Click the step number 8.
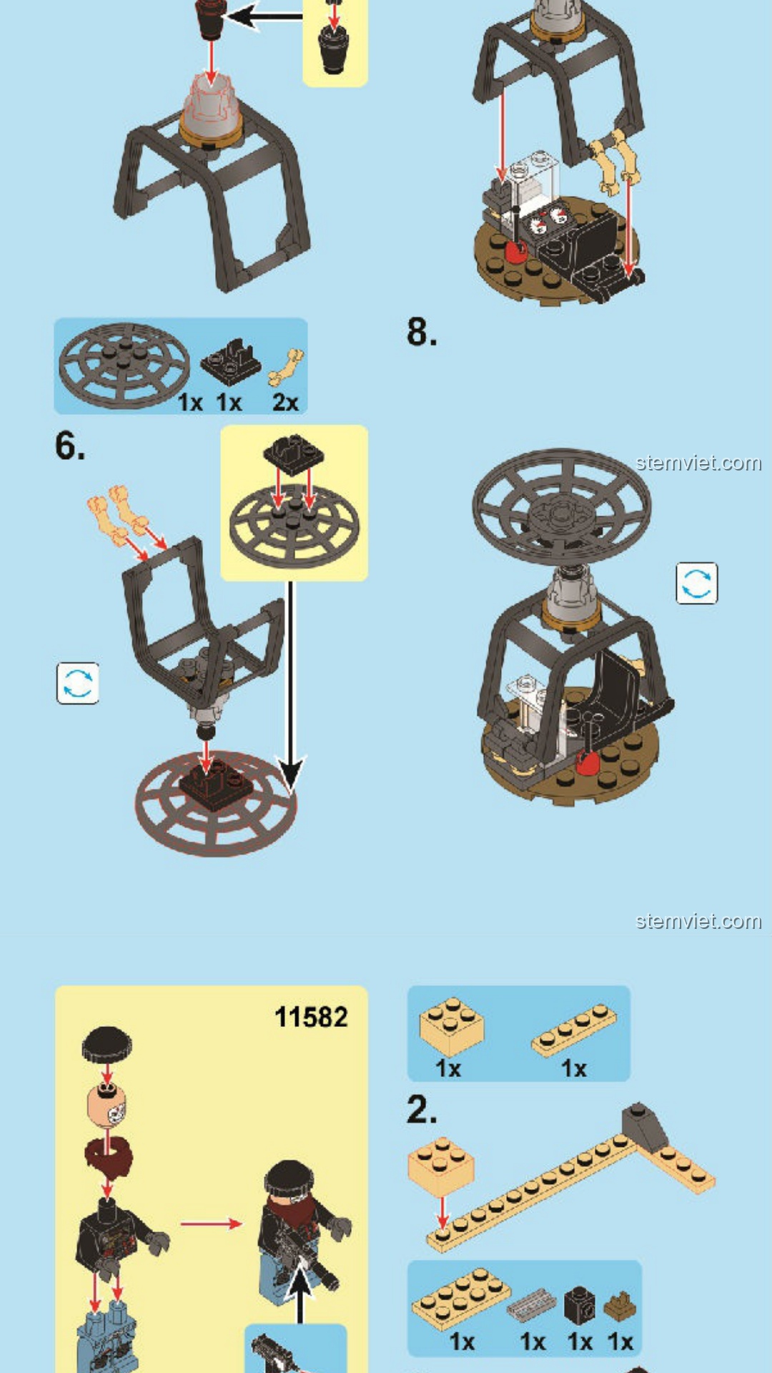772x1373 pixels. point(422,333)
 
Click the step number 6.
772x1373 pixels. point(70,446)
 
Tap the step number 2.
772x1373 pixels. point(422,1110)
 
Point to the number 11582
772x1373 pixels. point(311,1017)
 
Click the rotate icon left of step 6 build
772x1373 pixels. point(78,683)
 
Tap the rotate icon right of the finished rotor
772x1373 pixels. point(697,583)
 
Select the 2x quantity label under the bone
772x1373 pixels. point(285,402)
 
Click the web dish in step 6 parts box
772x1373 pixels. point(124,365)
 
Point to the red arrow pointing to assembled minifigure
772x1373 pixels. point(212,1224)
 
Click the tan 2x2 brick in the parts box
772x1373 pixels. point(451,1027)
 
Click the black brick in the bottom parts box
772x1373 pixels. point(579,1305)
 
